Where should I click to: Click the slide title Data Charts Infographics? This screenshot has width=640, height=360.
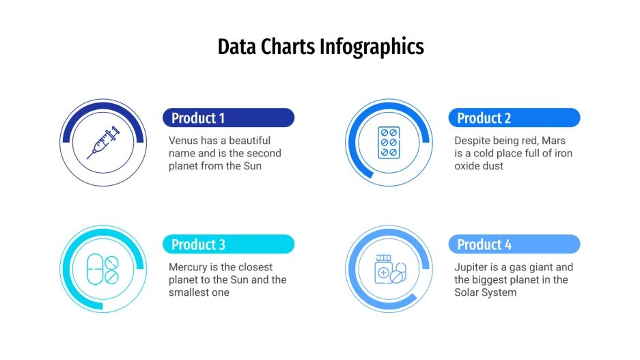point(320,46)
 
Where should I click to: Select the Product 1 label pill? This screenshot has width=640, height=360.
point(228,117)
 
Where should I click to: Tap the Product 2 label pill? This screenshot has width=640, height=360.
point(514,117)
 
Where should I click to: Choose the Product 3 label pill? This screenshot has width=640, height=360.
point(228,244)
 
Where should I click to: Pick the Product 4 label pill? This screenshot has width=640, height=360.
point(514,244)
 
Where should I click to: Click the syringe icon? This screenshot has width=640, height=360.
point(103,143)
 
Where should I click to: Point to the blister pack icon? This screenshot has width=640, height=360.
point(389,143)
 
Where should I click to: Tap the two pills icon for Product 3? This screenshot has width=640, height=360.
point(103,269)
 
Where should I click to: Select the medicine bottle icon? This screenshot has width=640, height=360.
point(389,269)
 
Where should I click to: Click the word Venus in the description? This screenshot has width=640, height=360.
point(184,141)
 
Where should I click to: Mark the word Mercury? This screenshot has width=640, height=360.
point(189,267)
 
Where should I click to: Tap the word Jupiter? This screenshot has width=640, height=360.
point(472,267)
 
